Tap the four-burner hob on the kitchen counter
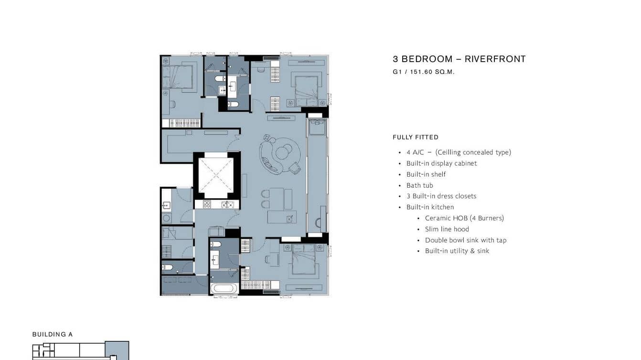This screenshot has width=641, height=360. tap(207, 204)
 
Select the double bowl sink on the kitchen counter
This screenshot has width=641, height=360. tap(228, 205)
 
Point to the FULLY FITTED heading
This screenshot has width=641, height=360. tap(416, 138)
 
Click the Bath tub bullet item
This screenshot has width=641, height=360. tap(419, 185)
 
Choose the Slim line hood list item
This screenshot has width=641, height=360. tap(447, 229)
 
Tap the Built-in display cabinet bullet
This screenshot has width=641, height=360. tap(441, 163)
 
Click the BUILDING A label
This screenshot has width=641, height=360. tap(53, 334)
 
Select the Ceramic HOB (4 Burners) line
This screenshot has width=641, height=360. tap(464, 218)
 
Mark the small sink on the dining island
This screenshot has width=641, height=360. tap(290, 219)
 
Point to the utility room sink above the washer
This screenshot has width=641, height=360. tap(167, 205)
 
